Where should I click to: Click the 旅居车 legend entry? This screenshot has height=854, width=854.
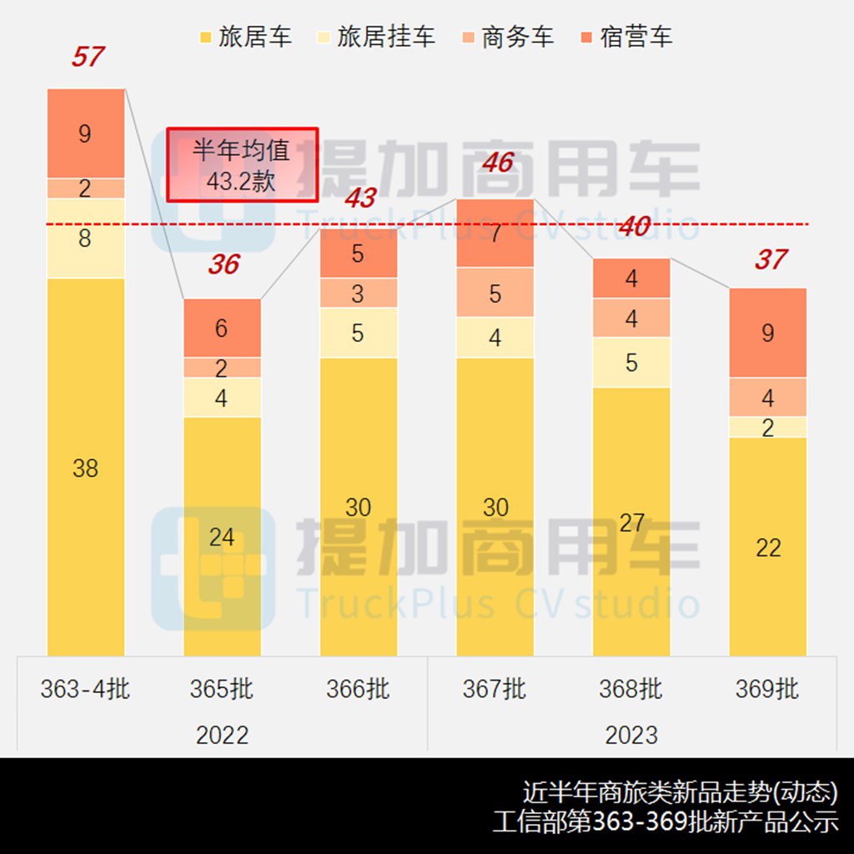(x=247, y=38)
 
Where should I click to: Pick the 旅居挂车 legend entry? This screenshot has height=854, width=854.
(x=377, y=38)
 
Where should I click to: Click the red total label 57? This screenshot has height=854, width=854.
(x=87, y=58)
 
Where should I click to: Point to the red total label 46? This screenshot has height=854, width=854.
(x=497, y=162)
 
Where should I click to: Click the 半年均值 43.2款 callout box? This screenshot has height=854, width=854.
(x=242, y=164)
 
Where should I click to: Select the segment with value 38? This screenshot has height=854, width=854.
(x=86, y=467)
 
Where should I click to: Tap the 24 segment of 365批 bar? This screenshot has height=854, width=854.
(x=222, y=536)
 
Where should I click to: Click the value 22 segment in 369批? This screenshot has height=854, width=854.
(x=768, y=546)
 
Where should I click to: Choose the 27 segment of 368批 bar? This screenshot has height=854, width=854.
(x=631, y=521)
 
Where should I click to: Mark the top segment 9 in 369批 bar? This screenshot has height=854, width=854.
(x=768, y=333)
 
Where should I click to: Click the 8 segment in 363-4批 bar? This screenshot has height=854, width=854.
(x=86, y=238)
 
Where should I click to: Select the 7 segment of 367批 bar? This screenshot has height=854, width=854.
(x=495, y=233)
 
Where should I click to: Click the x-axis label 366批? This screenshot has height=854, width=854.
(x=358, y=689)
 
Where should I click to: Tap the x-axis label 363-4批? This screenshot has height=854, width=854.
(x=85, y=689)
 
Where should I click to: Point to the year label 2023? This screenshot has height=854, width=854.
(x=631, y=735)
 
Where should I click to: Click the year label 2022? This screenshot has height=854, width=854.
(x=222, y=735)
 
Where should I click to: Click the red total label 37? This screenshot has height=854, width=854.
(x=770, y=259)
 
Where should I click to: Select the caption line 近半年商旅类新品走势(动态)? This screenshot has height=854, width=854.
(x=680, y=791)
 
